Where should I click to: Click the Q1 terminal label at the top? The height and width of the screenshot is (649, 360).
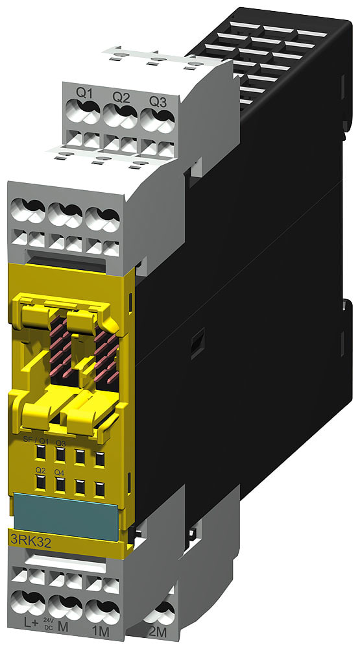pyautogui.click(x=85, y=95)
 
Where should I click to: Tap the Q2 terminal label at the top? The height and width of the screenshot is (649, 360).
pyautogui.click(x=121, y=97)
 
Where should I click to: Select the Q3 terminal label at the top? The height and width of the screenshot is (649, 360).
pyautogui.click(x=156, y=101)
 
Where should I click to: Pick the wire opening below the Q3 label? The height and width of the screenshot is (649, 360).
pyautogui.click(x=157, y=121)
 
